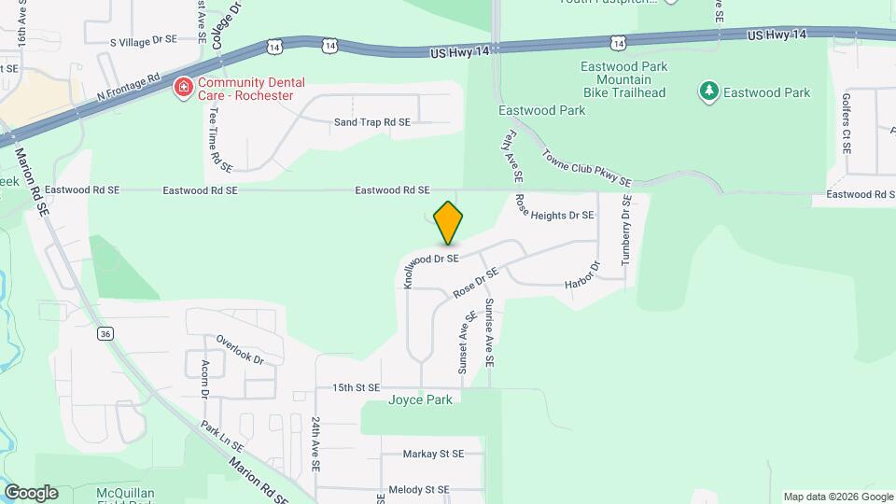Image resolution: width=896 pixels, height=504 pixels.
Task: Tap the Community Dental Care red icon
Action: [x=184, y=88]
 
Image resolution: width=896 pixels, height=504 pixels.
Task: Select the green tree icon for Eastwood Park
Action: [x=709, y=91]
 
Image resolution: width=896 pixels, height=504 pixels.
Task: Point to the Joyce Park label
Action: [x=420, y=400]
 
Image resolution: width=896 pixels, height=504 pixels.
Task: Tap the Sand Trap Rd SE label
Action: [x=371, y=122]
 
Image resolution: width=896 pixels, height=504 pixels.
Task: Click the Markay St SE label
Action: [x=433, y=455]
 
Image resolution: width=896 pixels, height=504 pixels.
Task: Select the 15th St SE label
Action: [x=356, y=387]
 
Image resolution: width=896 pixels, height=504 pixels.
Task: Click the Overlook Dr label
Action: [x=240, y=349]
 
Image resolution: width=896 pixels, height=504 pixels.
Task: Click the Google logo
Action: [x=31, y=493]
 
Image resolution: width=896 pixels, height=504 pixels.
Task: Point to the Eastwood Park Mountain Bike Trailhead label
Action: [x=623, y=80]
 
